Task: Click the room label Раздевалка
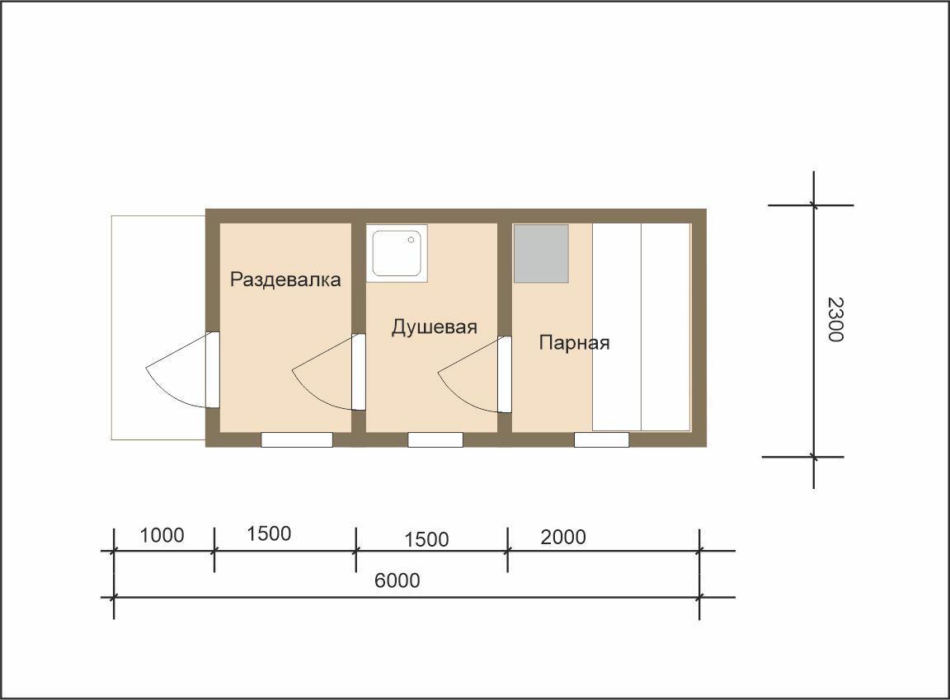(285, 280)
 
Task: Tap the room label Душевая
(435, 327)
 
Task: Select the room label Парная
(574, 343)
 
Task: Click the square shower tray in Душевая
(397, 253)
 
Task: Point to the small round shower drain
(411, 240)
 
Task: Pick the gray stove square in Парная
(541, 253)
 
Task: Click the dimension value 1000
(162, 535)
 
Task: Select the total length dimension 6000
(397, 580)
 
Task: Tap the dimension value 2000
(563, 537)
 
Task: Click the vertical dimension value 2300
(835, 319)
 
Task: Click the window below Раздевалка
(297, 439)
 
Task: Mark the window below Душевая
(435, 439)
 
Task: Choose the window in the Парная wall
(602, 439)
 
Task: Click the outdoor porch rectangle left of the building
(158, 327)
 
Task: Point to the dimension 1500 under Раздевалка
(269, 533)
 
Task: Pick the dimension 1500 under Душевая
(426, 539)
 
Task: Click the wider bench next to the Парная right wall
(665, 327)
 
